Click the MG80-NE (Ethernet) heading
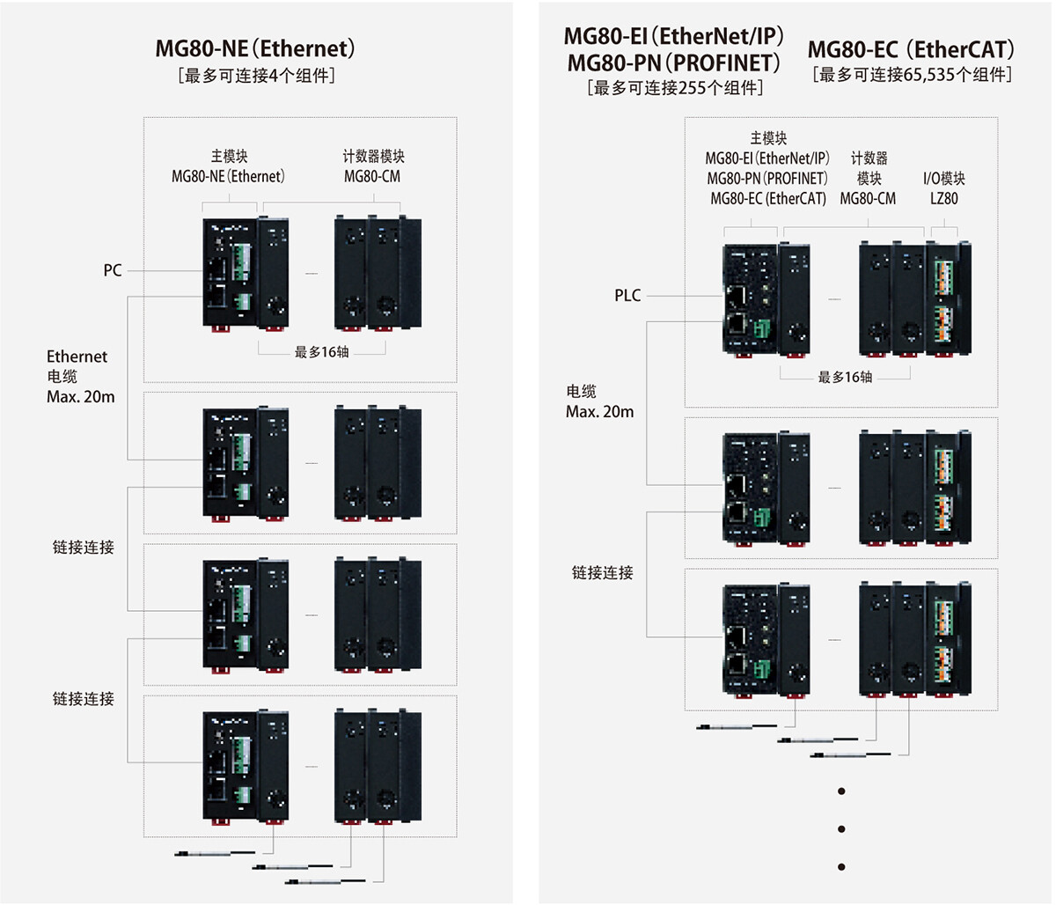coord(255,48)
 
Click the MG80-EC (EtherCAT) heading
coord(911,49)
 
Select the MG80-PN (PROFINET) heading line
coord(674,63)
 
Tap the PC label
coord(113,270)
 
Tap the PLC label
coord(627,296)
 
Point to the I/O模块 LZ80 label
coord(944,188)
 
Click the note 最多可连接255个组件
coord(674,88)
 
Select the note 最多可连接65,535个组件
coord(911,75)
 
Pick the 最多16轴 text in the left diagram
coord(321,352)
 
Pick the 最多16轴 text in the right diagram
coord(845,378)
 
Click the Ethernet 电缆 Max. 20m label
coord(80,376)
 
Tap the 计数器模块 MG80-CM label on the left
coord(373,166)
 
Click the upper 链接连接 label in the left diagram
coord(83,548)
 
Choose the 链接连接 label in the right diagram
coord(602,573)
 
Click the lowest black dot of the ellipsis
coord(842,866)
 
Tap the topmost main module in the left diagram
coord(231,273)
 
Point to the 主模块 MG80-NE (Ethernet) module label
coord(229,166)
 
